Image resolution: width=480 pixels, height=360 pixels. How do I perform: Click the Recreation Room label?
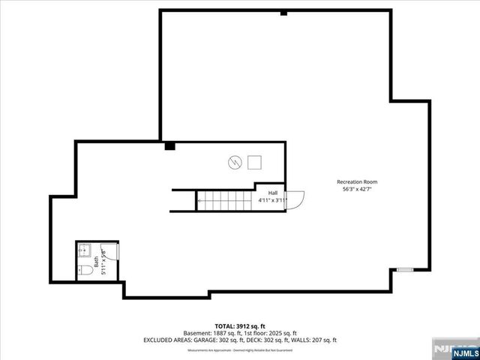tap(356, 181)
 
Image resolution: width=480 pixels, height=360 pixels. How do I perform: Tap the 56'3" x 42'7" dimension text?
tap(356, 189)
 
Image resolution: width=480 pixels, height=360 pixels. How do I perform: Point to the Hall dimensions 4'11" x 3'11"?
tap(272, 201)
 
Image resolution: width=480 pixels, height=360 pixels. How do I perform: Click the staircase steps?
tap(225, 200)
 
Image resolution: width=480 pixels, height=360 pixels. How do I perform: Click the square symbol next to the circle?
tap(255, 162)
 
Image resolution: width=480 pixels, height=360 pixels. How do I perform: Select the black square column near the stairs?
tap(170, 146)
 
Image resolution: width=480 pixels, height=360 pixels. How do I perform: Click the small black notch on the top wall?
tap(283, 13)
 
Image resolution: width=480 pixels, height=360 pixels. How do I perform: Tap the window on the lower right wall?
tap(405, 270)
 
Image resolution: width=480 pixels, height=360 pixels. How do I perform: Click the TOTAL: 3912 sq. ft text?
tap(240, 325)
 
